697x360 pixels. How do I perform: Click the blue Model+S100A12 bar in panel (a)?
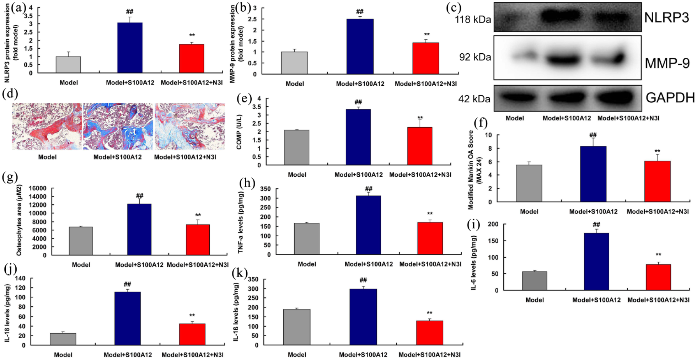point(130,48)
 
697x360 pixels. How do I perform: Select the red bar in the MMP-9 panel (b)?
point(425,58)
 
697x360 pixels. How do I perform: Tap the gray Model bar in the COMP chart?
point(297,147)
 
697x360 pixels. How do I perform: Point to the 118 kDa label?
point(473,19)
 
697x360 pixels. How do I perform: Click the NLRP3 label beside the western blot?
point(666,17)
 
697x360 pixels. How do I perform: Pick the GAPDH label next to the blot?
point(670,98)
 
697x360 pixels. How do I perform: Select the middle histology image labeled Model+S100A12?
point(118,126)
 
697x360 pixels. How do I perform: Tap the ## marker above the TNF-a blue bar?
point(369,189)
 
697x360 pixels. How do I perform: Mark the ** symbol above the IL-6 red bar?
point(658,255)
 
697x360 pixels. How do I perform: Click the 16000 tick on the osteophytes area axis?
point(37,188)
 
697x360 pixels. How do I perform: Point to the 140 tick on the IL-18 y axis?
point(21,278)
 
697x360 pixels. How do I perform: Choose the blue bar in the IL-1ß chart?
point(363,317)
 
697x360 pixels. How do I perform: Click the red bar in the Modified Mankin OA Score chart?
point(657,181)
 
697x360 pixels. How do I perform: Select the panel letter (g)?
point(10,177)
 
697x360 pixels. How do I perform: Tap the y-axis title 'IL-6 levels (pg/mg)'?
point(473,263)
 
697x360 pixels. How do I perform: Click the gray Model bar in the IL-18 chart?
point(63,339)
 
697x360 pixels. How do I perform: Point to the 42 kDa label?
point(474,99)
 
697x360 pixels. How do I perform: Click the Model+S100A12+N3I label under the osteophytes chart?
point(198,265)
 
